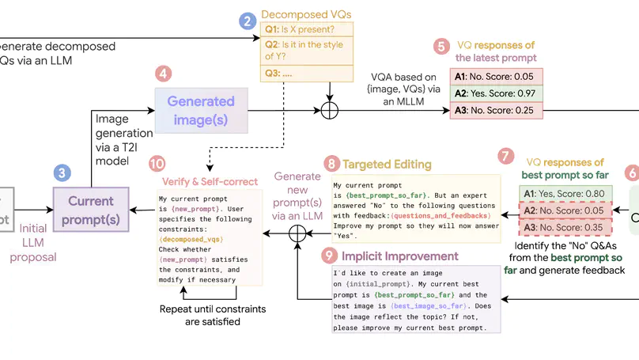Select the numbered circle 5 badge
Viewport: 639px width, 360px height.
(x=440, y=47)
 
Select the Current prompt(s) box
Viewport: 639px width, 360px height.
(x=91, y=209)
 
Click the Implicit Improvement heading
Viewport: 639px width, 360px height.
(x=399, y=256)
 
